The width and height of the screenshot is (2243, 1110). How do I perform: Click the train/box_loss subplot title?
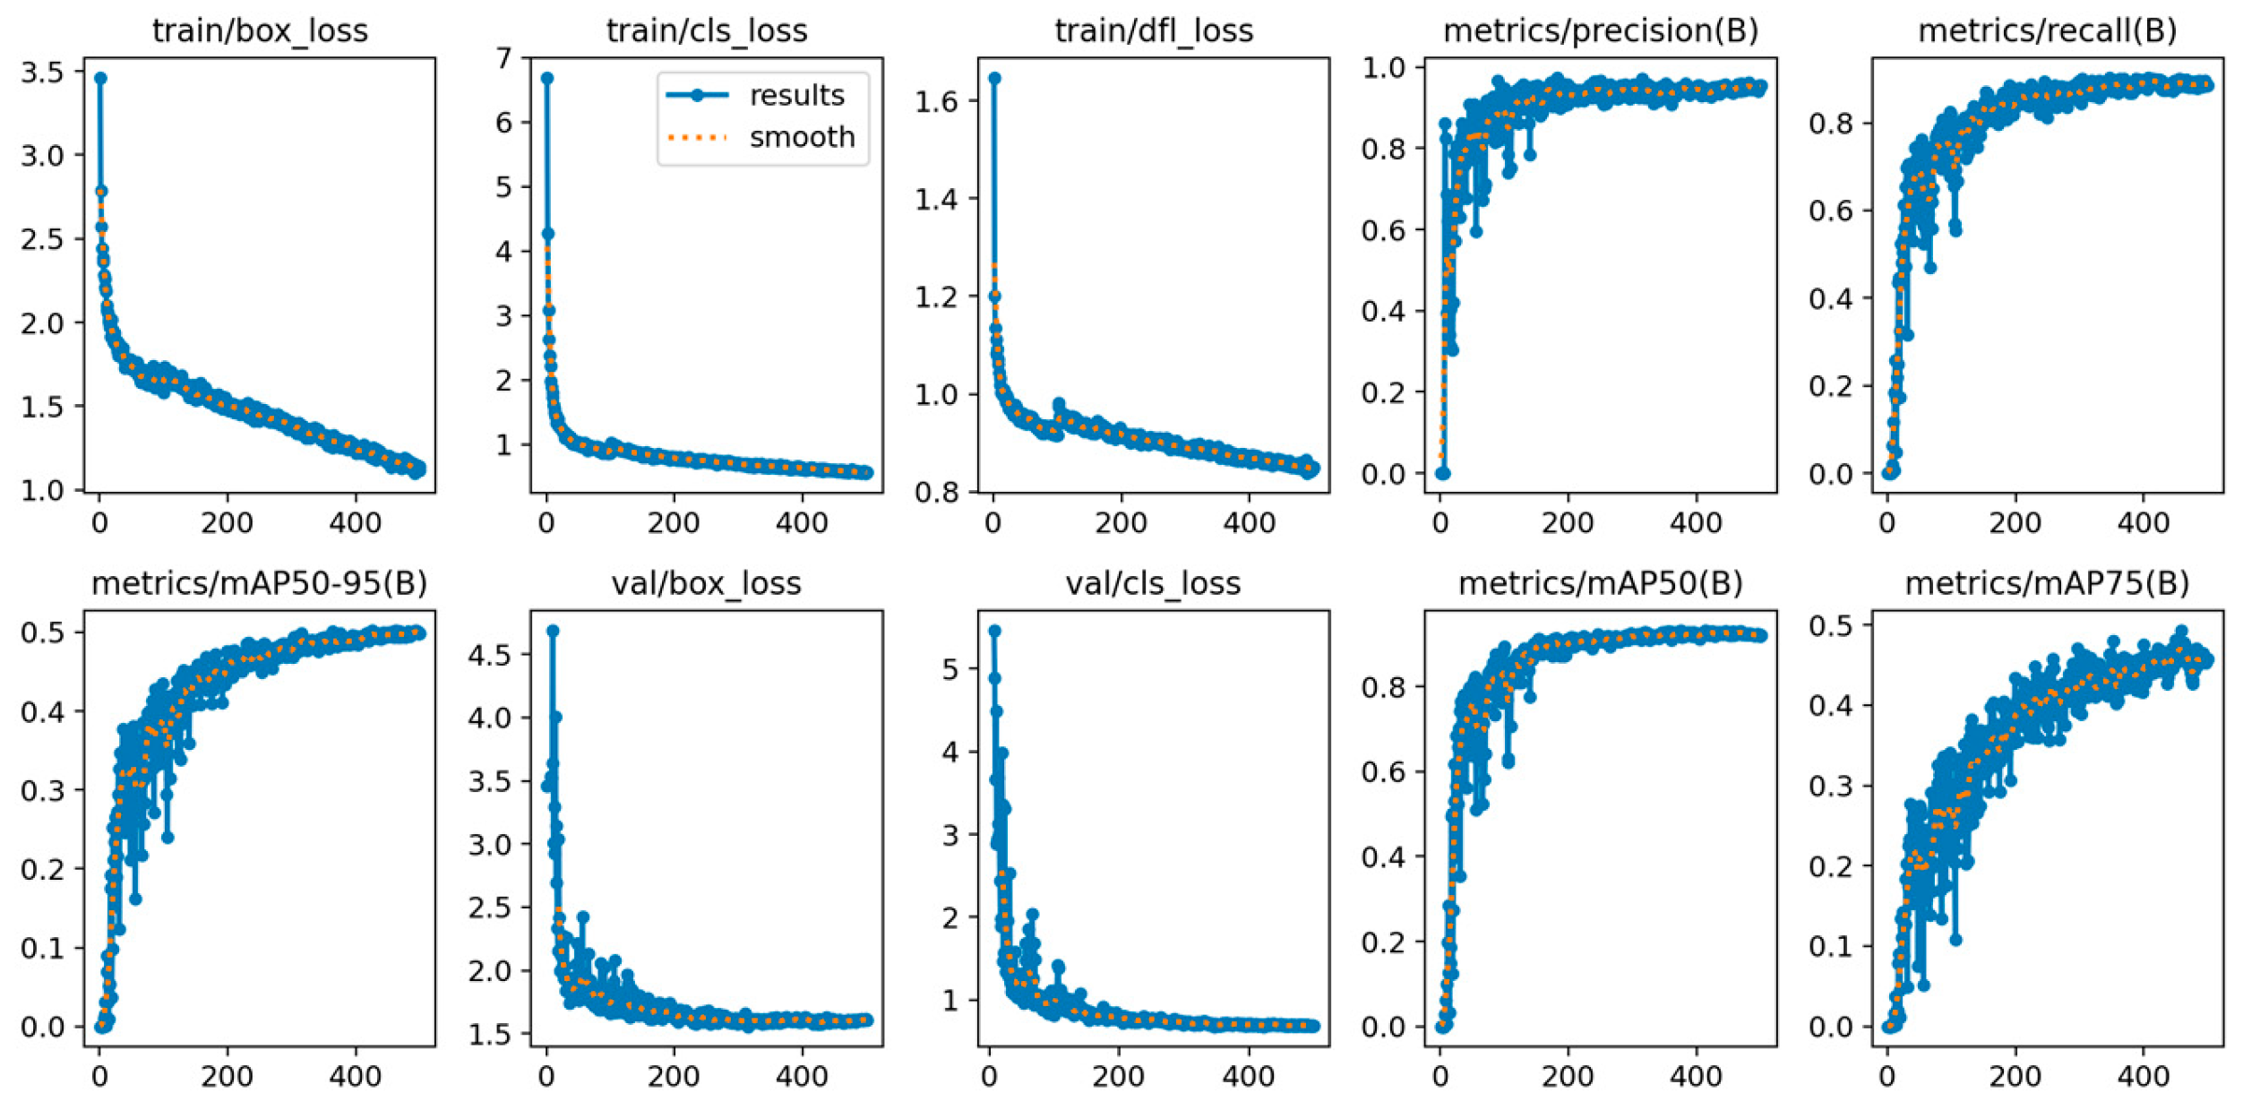(x=260, y=30)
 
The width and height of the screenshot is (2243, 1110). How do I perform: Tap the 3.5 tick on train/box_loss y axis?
(x=42, y=73)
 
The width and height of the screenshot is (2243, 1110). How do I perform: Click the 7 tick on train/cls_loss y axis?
(x=503, y=58)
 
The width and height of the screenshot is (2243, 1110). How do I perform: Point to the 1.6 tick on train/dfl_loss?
(x=936, y=101)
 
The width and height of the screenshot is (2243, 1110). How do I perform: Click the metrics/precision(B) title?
(x=1601, y=30)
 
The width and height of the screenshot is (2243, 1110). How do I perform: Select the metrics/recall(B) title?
(x=2048, y=30)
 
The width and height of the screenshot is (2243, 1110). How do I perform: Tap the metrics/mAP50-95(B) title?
(x=260, y=583)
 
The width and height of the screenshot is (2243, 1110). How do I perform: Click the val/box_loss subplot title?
(x=706, y=583)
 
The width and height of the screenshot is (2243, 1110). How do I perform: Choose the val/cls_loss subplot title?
(x=1153, y=583)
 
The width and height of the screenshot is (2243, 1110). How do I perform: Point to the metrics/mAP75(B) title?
(x=2048, y=583)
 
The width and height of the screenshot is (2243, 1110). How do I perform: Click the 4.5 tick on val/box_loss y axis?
(x=489, y=655)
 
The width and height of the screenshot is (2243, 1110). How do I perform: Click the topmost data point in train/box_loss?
(x=100, y=78)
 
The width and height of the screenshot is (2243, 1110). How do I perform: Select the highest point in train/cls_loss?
(x=547, y=78)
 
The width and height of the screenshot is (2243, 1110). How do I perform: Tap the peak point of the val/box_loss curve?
(x=553, y=631)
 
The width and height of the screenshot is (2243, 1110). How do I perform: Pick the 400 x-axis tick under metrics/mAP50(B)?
(x=1696, y=1075)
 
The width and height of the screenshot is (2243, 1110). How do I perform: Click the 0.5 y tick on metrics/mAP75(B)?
(x=1831, y=624)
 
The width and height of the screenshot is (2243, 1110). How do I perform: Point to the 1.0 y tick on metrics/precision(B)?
(x=1384, y=67)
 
